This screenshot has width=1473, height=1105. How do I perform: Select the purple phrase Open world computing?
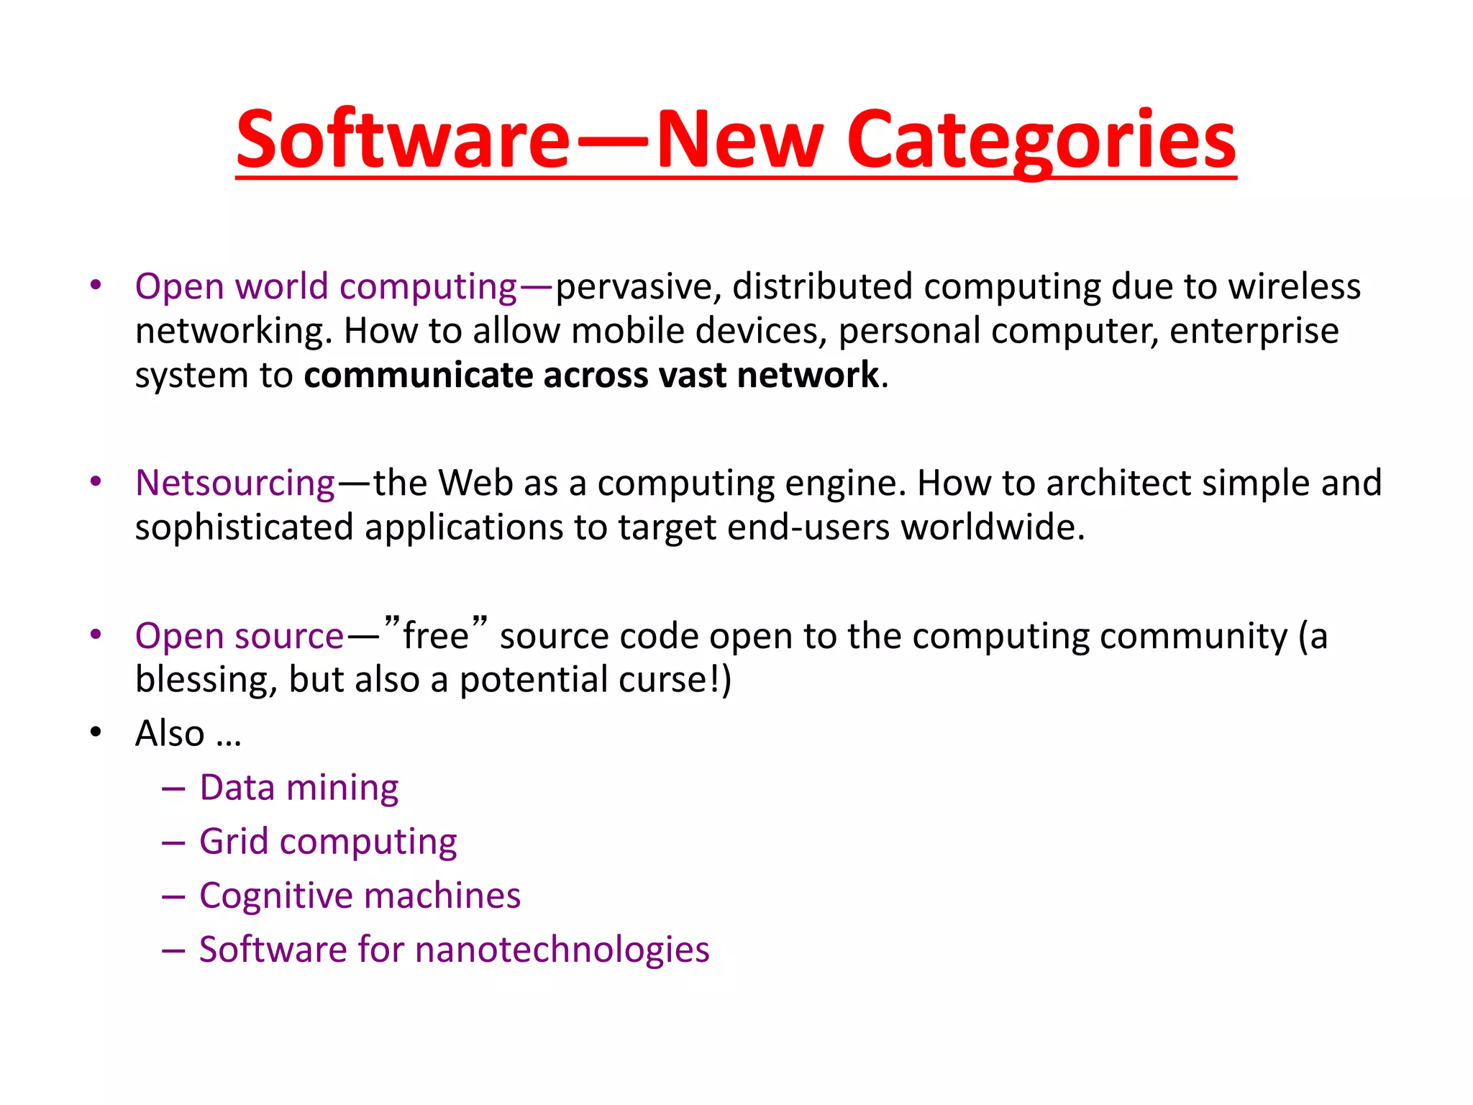(x=326, y=287)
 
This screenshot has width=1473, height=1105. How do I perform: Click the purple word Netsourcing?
(x=235, y=483)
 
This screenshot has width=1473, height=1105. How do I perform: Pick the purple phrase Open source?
(x=240, y=637)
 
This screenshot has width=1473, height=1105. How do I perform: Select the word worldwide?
(x=992, y=527)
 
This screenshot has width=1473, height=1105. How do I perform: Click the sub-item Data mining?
(x=298, y=788)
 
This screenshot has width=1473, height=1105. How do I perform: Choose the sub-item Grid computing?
(x=328, y=842)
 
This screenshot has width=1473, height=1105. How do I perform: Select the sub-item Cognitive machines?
(x=360, y=896)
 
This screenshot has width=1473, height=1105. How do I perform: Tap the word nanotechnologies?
(x=562, y=950)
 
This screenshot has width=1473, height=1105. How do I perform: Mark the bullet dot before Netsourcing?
(x=96, y=482)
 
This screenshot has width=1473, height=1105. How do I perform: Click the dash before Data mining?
(x=173, y=788)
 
